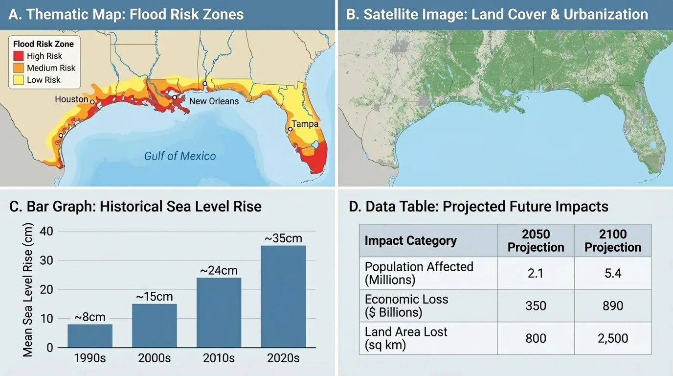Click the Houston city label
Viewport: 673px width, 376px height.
[x=71, y=99]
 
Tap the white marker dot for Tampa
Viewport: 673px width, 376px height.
[x=290, y=129]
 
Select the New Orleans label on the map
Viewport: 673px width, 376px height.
[x=214, y=101]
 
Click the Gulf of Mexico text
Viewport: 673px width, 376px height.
[x=180, y=156]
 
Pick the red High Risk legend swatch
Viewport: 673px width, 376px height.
[x=19, y=56]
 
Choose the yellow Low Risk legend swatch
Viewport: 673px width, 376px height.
[x=19, y=80]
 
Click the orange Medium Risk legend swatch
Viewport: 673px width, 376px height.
[x=19, y=68]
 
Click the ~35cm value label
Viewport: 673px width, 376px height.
[x=283, y=238]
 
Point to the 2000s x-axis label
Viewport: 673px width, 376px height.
[x=154, y=358]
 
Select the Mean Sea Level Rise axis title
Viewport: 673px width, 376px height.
[x=28, y=290]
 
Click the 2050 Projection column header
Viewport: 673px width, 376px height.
[x=536, y=240]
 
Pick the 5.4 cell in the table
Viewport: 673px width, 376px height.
[x=613, y=273]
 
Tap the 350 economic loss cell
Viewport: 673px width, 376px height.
[x=536, y=306]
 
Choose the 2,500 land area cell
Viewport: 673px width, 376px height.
[x=613, y=338]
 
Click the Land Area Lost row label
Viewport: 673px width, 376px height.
[x=406, y=338]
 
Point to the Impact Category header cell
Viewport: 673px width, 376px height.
[x=411, y=241]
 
